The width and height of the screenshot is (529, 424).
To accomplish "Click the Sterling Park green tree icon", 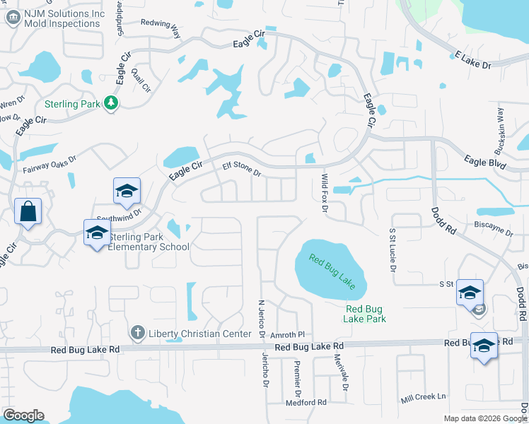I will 111,103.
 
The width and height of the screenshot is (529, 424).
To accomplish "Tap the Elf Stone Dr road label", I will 242,170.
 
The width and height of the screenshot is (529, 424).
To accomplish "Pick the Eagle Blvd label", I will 485,162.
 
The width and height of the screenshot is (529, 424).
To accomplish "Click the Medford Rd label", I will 306,403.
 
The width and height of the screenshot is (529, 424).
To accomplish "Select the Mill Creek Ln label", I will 424,397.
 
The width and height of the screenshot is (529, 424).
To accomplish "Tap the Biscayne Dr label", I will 494,230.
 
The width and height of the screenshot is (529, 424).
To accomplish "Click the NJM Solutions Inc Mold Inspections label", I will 62,18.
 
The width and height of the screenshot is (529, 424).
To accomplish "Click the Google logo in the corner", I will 23,416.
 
